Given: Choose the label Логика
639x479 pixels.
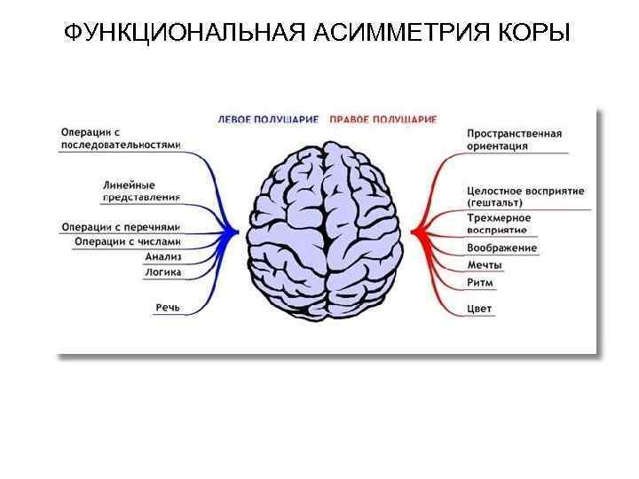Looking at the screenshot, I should [x=162, y=272].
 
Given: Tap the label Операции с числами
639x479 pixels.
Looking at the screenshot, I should [x=128, y=241].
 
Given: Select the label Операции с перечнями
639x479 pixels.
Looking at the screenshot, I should [x=122, y=225].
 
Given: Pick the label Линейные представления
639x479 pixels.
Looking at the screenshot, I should [x=143, y=192].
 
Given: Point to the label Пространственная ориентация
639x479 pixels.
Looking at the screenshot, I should [x=514, y=140].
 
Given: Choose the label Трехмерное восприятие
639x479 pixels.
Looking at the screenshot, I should [x=499, y=224].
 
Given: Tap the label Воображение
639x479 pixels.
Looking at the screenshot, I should [x=501, y=247].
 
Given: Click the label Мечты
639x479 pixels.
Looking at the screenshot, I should [x=485, y=265].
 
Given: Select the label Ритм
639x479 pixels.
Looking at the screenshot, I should [x=480, y=283].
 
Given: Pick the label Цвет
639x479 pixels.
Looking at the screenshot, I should [x=479, y=309].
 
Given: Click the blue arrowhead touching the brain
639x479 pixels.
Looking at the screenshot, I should [x=235, y=232].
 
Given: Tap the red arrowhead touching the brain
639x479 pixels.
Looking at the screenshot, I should [x=417, y=232].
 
